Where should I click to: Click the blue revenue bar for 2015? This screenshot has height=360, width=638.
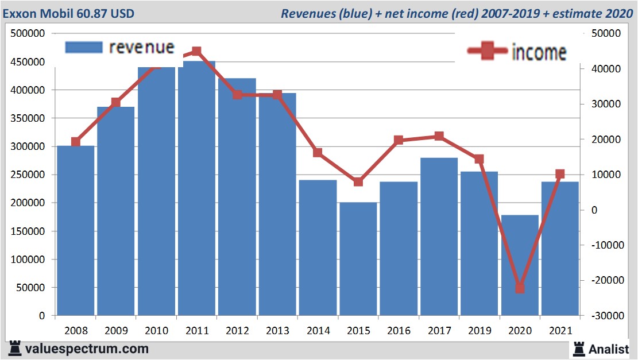point(358,258)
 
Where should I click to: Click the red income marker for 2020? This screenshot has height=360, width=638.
point(520,288)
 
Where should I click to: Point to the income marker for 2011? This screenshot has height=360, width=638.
point(196,52)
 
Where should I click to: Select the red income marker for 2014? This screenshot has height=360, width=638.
point(318,153)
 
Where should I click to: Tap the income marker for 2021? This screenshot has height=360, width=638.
point(560,174)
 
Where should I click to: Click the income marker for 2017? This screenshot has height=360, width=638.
point(439,136)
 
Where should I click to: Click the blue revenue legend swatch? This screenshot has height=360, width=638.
point(83,47)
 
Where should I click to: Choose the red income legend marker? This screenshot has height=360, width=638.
point(488,52)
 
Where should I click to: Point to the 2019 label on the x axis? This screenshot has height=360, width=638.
point(479,331)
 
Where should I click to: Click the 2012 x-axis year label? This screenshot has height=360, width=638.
point(237,331)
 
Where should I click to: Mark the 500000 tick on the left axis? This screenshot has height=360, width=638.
point(28,34)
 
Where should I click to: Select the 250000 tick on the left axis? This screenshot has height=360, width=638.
point(28,175)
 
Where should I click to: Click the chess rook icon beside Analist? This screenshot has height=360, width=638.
point(579,349)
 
